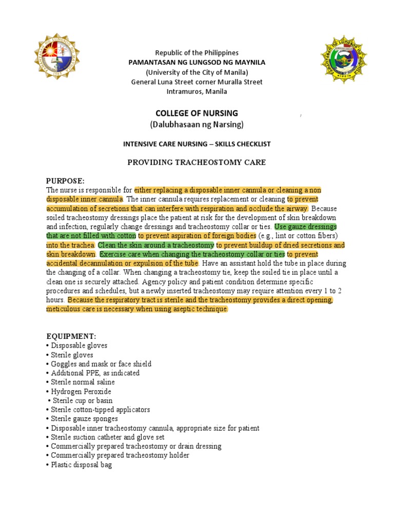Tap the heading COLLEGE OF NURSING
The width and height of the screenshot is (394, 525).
[x=197, y=113]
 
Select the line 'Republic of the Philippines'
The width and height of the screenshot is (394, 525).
[x=197, y=53]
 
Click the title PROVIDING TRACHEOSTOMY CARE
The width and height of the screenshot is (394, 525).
[x=196, y=163]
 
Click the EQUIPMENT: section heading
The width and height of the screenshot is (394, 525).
[x=71, y=336]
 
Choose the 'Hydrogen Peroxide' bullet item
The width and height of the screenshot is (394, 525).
[x=81, y=391]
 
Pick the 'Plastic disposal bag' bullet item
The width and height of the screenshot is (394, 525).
[x=81, y=465]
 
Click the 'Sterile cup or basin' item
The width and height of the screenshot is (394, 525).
[x=82, y=400]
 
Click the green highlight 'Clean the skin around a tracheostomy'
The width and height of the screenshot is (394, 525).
[x=156, y=245]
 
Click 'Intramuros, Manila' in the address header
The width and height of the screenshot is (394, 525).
[x=197, y=91]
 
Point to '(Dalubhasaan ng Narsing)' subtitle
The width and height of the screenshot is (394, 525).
[x=197, y=125]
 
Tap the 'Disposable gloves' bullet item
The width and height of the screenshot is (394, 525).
[x=79, y=346]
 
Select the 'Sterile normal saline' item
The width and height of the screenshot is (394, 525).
[x=83, y=382]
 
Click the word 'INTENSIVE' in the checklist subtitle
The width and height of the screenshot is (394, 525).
[x=140, y=144]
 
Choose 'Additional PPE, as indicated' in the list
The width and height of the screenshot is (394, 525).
[x=95, y=373]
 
